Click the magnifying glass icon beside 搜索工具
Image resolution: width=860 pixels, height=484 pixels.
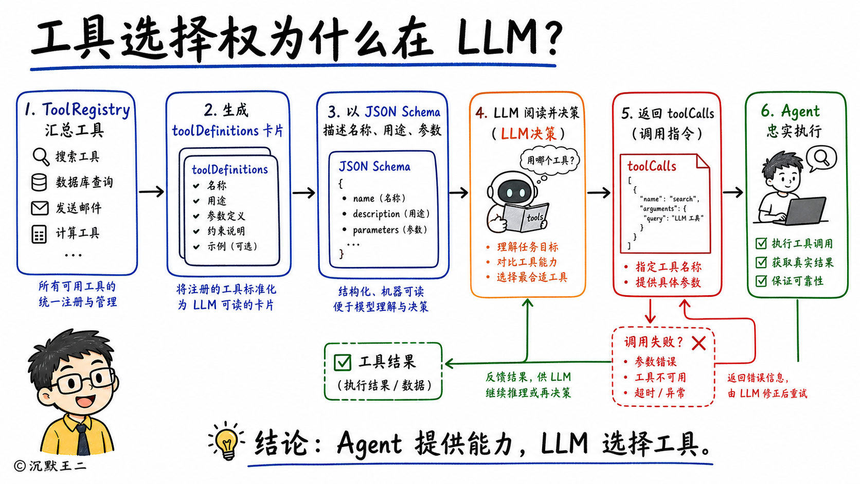click(x=41, y=156)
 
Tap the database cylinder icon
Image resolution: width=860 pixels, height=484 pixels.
click(x=39, y=182)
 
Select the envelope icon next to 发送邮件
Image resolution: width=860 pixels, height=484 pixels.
click(x=40, y=208)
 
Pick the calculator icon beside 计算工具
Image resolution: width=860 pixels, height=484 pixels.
click(x=39, y=234)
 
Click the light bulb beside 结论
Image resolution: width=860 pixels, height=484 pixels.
click(x=227, y=441)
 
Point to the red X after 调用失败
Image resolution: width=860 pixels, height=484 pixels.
click(x=698, y=343)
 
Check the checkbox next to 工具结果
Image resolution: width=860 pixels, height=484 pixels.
click(x=343, y=362)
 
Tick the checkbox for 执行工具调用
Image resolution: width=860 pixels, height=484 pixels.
click(x=761, y=243)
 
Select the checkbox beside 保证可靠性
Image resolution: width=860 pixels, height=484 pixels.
click(x=761, y=281)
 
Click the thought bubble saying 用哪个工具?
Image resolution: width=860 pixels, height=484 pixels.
click(x=550, y=159)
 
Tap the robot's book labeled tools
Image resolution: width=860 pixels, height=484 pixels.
click(x=525, y=217)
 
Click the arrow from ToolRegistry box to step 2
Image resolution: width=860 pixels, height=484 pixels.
click(x=151, y=191)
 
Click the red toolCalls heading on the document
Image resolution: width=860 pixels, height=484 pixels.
click(x=652, y=166)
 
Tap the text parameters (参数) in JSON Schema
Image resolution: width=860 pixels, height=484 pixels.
click(x=390, y=230)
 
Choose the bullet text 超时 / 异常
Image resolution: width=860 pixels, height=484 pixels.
click(x=659, y=393)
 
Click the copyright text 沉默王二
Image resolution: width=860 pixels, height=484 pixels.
click(x=58, y=466)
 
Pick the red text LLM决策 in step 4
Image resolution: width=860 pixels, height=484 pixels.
click(x=528, y=134)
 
